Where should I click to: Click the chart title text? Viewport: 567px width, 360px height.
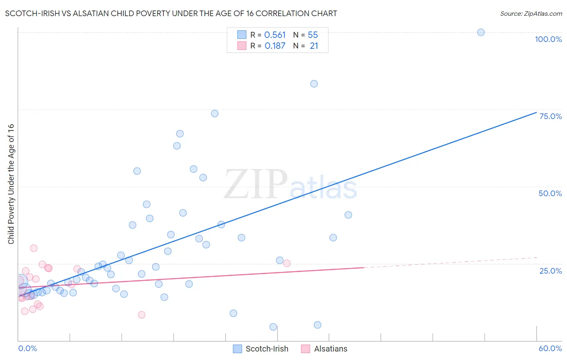[x=171, y=13]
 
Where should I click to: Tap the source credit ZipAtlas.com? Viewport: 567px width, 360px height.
[x=531, y=13]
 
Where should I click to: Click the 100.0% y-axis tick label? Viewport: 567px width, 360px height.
[x=548, y=39]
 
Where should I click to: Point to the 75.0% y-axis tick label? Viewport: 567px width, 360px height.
[x=550, y=116]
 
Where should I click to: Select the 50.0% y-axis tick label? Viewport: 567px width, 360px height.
[x=550, y=193]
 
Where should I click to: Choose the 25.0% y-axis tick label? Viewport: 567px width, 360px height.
[x=550, y=270]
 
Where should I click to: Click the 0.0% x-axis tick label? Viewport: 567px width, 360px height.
[x=27, y=348]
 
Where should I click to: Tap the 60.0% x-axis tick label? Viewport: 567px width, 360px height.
[x=550, y=348]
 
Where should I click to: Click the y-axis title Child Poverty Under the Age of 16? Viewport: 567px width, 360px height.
[x=11, y=184]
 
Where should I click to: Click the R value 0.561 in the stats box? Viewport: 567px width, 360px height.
[x=275, y=35]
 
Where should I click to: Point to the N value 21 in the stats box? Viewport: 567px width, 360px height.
[x=314, y=46]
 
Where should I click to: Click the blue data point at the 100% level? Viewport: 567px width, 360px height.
[x=481, y=32]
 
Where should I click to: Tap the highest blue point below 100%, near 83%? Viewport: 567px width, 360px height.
[x=314, y=84]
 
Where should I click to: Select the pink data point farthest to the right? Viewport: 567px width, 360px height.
[x=287, y=264]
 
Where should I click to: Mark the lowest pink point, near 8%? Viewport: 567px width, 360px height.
[x=142, y=315]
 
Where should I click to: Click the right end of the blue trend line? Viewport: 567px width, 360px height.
[x=536, y=112]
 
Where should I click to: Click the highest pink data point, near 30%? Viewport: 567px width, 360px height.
[x=34, y=248]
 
